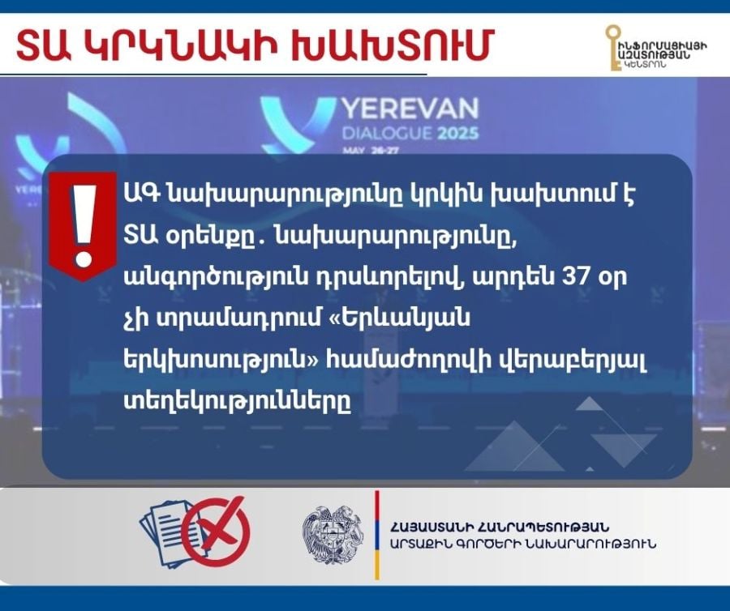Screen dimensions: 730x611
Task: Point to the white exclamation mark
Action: (84, 225)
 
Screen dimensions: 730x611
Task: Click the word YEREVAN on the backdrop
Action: (410, 109)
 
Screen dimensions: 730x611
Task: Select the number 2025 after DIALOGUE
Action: (457, 134)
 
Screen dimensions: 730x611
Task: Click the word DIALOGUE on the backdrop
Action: (388, 134)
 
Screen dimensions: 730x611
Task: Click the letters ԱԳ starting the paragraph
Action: (140, 194)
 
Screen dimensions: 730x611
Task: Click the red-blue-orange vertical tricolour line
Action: (377, 535)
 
